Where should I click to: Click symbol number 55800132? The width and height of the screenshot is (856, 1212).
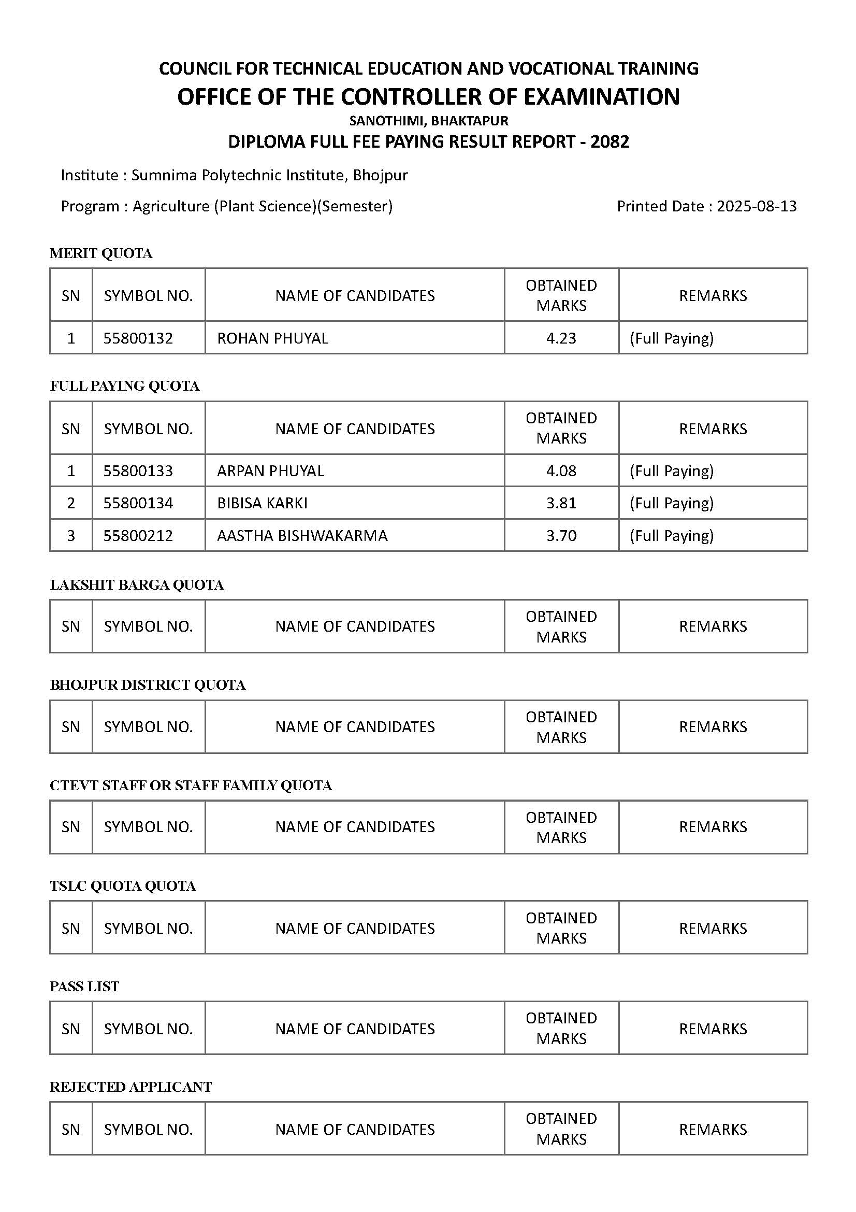point(138,338)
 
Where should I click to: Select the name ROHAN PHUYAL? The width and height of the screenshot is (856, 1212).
point(272,338)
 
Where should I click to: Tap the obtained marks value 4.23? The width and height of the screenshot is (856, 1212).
point(561,338)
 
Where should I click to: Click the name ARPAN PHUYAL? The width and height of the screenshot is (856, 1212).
point(270,470)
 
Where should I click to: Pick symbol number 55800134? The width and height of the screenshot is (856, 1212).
point(138,503)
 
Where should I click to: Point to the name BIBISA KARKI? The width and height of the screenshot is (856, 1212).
point(262,503)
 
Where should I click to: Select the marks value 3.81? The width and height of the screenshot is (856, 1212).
point(561,503)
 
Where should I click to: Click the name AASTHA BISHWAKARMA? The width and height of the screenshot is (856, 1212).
point(302,535)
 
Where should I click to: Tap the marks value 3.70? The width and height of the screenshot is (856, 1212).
point(561,535)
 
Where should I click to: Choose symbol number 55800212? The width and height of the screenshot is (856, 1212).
point(138,535)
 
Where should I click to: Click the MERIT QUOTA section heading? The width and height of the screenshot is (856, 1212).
point(101,253)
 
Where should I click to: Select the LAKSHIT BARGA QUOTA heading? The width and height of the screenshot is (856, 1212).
point(137,585)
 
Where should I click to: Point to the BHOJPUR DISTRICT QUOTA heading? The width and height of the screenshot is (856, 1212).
point(147,685)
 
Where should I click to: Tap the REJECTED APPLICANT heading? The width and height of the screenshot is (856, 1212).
point(130,1087)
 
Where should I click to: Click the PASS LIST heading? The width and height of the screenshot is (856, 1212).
point(84,987)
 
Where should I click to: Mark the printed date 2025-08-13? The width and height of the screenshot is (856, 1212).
point(757,206)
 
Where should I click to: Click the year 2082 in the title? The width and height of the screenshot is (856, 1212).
point(610,141)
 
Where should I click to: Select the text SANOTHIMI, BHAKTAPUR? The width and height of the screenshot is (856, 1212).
point(428,121)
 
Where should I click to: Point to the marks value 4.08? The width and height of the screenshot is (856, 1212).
point(561,470)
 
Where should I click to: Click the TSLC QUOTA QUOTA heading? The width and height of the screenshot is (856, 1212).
point(122,886)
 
